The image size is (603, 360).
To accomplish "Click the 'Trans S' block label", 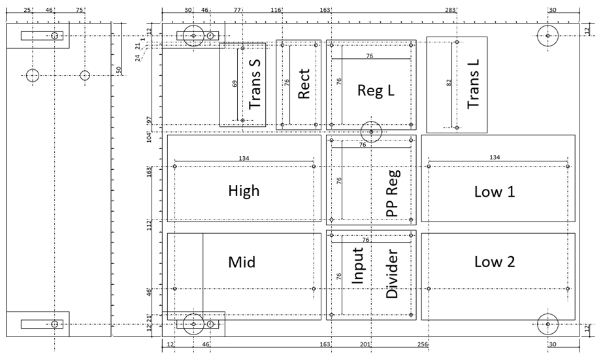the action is click(255, 84).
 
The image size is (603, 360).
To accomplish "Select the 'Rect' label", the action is click(303, 84).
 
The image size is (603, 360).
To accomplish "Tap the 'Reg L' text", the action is click(376, 90).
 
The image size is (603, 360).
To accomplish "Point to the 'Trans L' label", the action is click(473, 84).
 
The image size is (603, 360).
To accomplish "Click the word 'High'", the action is click(244, 191).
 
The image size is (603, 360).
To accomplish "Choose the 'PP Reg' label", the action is click(393, 193).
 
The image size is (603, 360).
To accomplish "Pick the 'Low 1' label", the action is click(494, 191).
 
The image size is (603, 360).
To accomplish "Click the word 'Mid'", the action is click(242, 262).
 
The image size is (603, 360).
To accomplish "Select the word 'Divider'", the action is click(392, 274).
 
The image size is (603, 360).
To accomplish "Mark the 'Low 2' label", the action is click(494, 261).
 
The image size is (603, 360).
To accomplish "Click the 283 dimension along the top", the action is click(450, 10).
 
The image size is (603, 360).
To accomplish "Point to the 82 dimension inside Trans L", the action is click(449, 82).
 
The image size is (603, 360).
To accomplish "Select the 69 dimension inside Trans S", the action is click(235, 84).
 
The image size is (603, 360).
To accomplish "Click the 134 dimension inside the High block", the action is click(244, 158).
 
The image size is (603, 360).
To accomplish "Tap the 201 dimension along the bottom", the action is click(365, 344).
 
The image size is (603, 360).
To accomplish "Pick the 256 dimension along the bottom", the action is click(423, 344).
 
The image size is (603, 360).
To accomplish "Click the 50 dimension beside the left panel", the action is click(118, 70).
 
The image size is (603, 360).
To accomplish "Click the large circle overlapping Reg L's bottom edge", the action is click(371, 121).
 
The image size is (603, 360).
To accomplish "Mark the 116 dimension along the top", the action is click(276, 10).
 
